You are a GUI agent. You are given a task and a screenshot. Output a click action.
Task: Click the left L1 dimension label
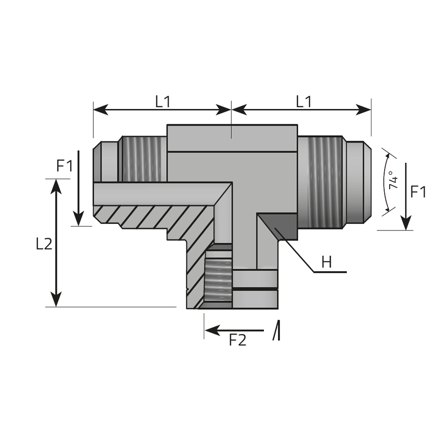pyautogui.click(x=163, y=102)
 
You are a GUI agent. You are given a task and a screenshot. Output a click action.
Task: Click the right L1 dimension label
pyautogui.click(x=303, y=102)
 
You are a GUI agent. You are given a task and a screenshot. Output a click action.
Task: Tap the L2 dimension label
pyautogui.click(x=44, y=244)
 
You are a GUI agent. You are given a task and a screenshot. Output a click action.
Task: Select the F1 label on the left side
pyautogui.click(x=65, y=166)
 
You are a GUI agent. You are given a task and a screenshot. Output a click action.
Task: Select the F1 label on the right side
pyautogui.click(x=418, y=192)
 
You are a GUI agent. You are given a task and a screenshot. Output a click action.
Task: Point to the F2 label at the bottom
pyautogui.click(x=238, y=340)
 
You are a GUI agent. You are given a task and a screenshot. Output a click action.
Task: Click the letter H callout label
pyautogui.click(x=327, y=262)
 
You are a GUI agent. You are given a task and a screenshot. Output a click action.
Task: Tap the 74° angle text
pyautogui.click(x=394, y=180)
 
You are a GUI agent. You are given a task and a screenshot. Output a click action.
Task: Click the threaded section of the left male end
pyautogui.click(x=143, y=159)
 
